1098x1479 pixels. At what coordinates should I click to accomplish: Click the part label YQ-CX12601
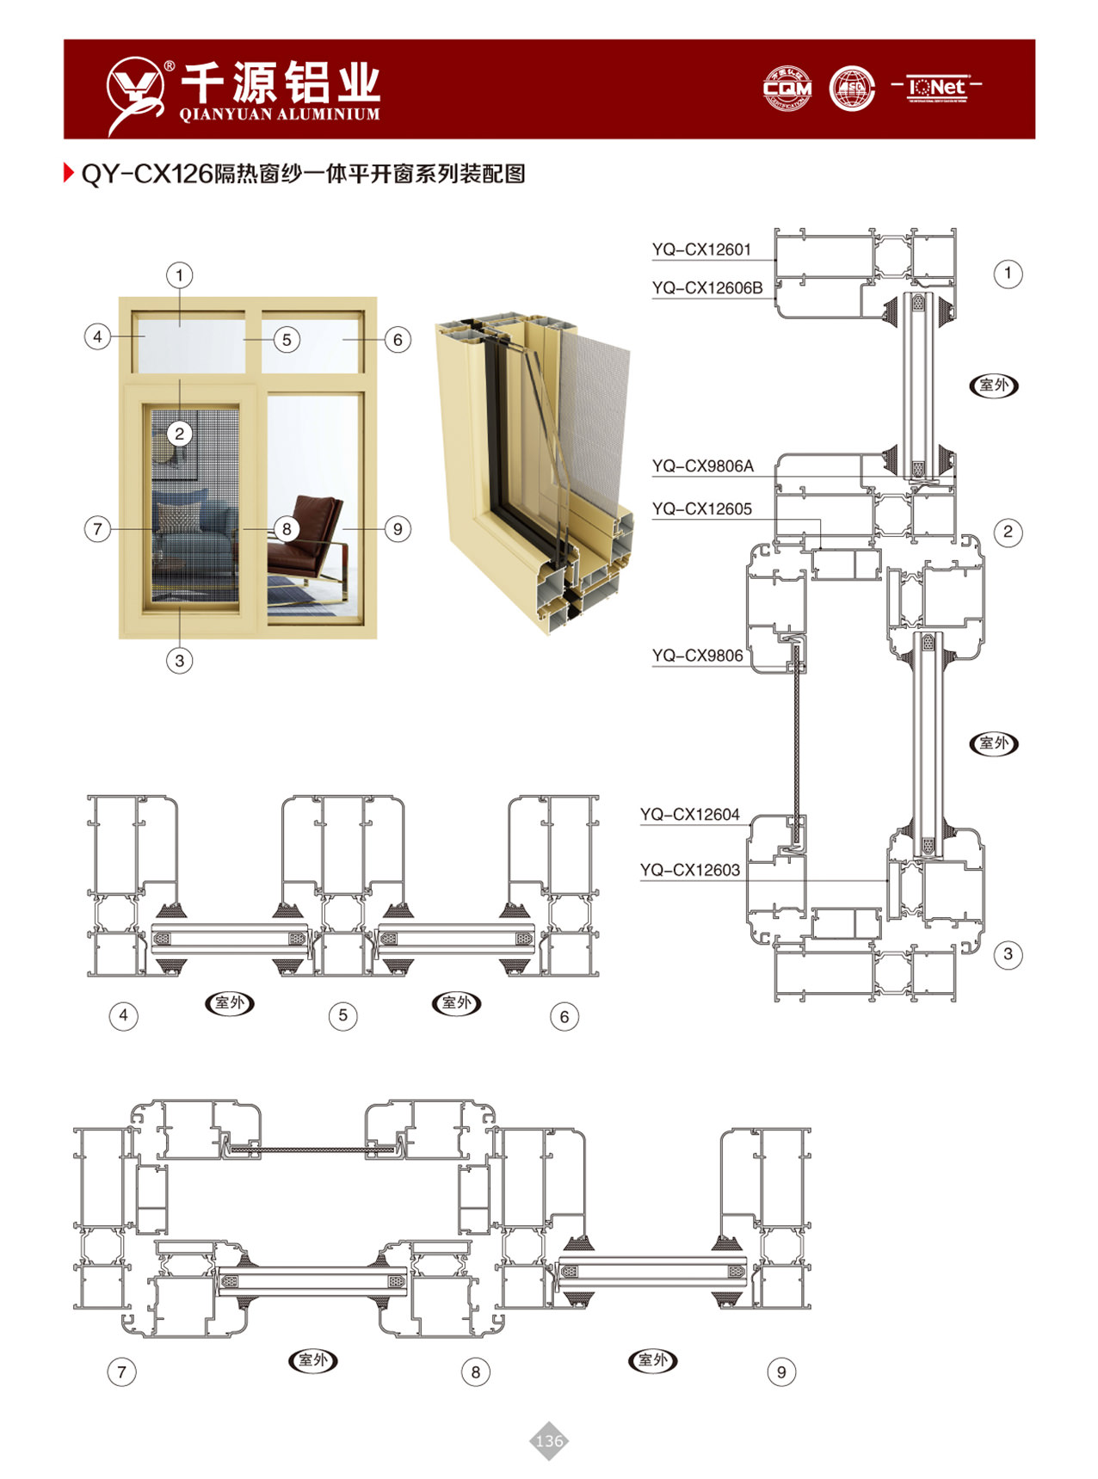click(701, 250)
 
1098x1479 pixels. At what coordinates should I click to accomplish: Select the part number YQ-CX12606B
click(707, 288)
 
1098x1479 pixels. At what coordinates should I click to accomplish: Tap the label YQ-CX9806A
click(702, 466)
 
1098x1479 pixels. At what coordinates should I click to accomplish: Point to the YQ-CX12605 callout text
click(701, 509)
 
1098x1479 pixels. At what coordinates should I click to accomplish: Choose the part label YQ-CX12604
click(689, 815)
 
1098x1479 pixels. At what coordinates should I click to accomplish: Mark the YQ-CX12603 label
click(689, 871)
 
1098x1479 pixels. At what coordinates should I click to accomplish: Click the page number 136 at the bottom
click(548, 1440)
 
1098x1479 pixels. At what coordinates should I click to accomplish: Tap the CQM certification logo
click(787, 89)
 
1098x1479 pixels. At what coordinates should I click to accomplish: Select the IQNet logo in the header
click(937, 88)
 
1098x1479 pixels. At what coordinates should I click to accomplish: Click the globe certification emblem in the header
click(852, 89)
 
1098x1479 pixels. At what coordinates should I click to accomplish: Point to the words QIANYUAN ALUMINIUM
click(280, 114)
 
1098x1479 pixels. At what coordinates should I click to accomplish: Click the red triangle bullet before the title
click(69, 173)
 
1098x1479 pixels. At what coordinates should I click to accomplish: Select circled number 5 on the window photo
click(287, 340)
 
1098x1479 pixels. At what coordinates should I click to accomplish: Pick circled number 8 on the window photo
click(287, 528)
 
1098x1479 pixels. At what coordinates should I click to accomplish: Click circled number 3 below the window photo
click(179, 661)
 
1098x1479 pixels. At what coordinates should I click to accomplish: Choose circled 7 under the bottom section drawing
click(121, 1371)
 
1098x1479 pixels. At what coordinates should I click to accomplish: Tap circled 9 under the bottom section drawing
click(780, 1372)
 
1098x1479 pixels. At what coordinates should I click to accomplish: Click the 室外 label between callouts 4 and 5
click(230, 1003)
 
